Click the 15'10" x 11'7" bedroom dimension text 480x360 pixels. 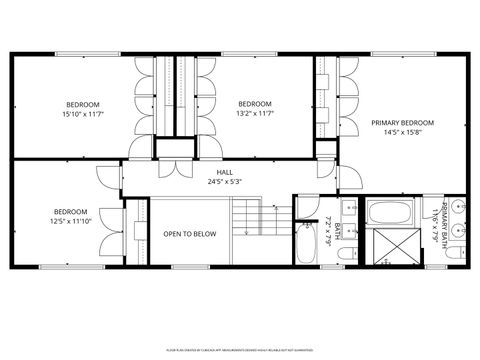coord(82,114)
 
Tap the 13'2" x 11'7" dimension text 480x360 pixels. coord(255,114)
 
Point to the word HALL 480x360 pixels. coord(225,171)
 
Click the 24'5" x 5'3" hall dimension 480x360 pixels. coord(225,181)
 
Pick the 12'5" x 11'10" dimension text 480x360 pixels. coord(70,221)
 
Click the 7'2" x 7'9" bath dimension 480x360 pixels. coord(329,232)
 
